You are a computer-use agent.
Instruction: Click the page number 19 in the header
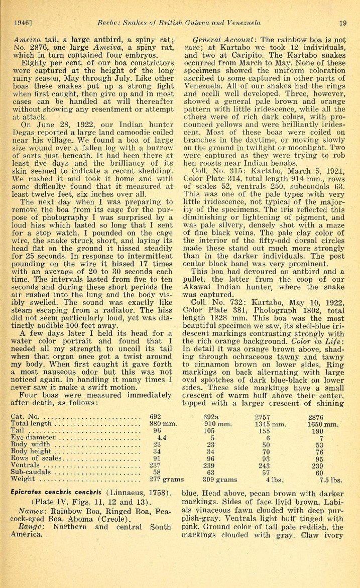coord(343,23)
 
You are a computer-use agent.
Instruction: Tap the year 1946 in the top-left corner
coord(23,23)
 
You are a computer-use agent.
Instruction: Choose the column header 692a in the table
coord(211,417)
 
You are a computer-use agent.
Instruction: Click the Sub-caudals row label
coord(32,473)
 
